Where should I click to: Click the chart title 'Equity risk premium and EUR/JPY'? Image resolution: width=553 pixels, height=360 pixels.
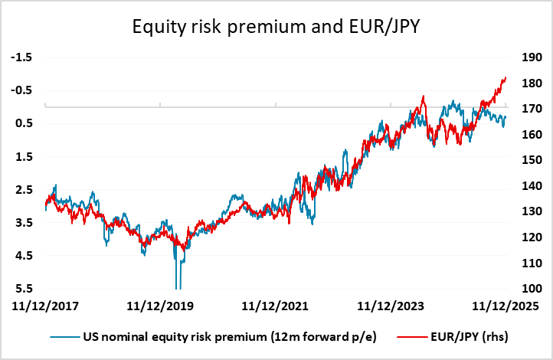(x=276, y=28)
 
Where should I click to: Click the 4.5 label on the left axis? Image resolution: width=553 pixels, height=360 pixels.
(x=25, y=256)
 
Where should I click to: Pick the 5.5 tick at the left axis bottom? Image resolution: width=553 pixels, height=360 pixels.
(x=25, y=289)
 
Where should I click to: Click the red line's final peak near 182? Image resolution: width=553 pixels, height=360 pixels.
(x=505, y=78)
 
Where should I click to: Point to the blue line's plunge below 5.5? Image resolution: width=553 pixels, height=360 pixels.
(x=178, y=285)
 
